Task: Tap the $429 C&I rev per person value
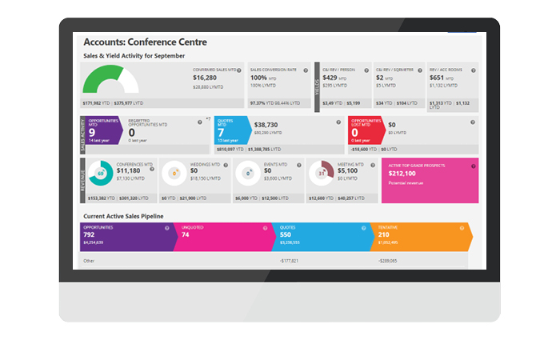(331, 78)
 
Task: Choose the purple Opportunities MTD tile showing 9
(101, 130)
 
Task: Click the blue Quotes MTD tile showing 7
(231, 130)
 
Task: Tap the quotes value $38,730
(266, 126)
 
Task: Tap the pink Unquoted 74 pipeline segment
(220, 236)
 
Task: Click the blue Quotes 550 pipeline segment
(318, 236)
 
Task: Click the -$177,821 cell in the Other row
(289, 261)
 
